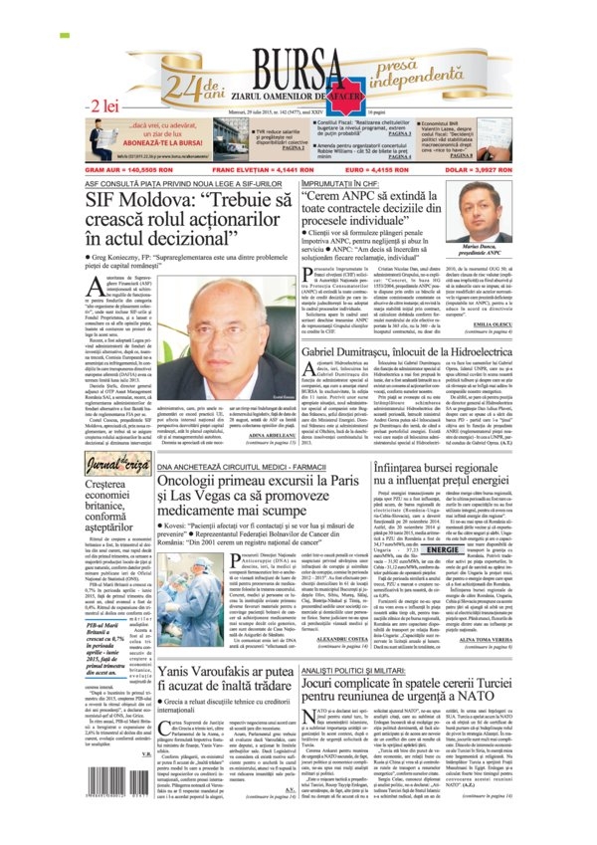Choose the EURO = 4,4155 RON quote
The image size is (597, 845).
pos(372,172)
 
